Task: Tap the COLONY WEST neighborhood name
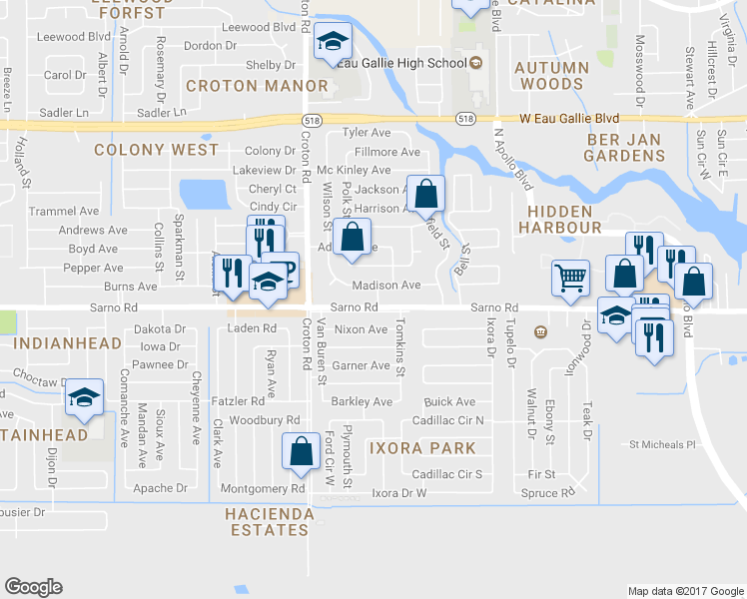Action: click(x=156, y=150)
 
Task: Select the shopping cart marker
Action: click(x=570, y=279)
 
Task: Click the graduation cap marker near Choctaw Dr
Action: click(x=86, y=399)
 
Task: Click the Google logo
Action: click(x=34, y=587)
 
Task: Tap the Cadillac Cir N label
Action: click(x=447, y=420)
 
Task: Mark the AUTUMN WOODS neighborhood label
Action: click(x=552, y=77)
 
